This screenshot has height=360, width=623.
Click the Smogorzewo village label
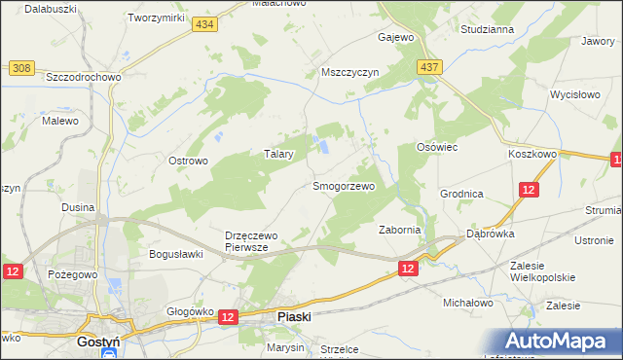343,185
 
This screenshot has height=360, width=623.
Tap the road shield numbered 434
202,25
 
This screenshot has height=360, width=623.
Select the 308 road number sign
21,68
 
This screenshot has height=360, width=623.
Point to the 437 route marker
431,67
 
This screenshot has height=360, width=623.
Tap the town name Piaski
294,316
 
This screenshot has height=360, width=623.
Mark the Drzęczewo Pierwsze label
260,240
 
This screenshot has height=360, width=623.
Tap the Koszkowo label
531,154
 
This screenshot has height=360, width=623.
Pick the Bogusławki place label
174,255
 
